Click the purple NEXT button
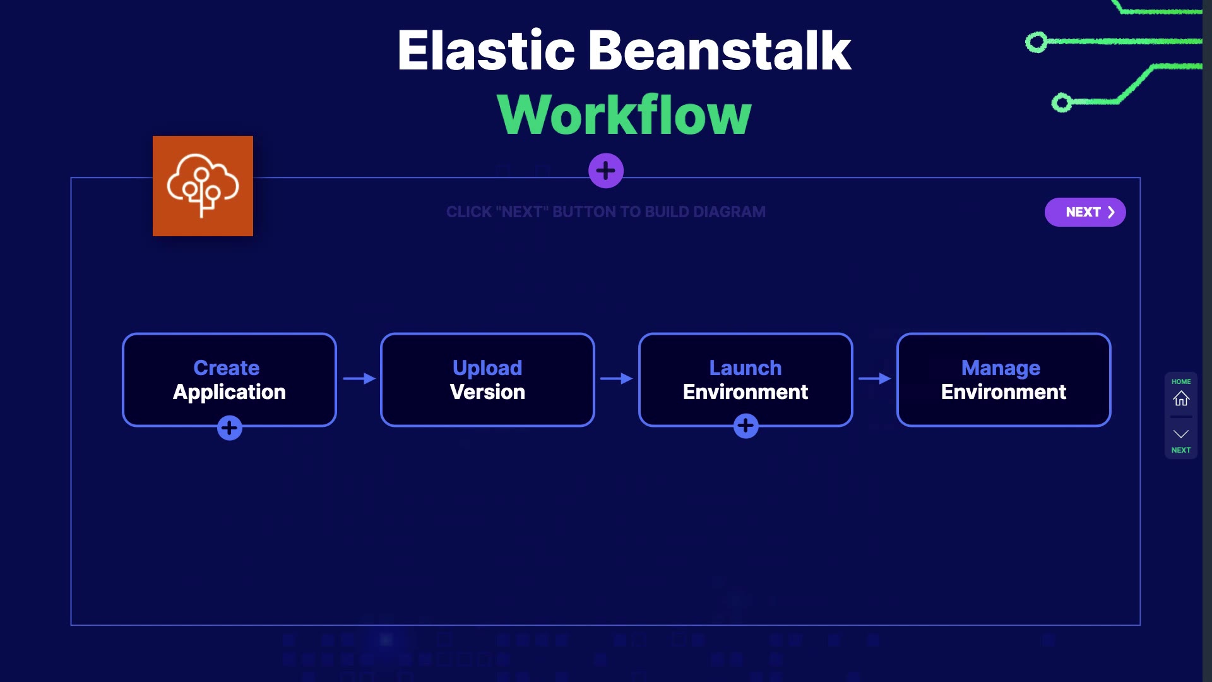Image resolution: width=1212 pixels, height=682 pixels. (1085, 212)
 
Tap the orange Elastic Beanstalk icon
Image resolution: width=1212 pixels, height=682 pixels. (203, 186)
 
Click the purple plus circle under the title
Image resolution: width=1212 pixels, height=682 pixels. (606, 170)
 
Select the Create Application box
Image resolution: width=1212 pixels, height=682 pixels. (229, 380)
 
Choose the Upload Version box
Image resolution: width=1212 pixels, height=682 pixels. (487, 380)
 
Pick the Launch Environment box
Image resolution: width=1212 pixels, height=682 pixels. (746, 380)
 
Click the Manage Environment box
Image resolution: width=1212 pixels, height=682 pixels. (1004, 380)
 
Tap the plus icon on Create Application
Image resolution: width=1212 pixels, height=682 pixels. (230, 428)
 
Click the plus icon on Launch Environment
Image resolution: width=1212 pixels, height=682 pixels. (746, 426)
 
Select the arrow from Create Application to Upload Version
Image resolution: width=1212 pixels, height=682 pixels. (360, 378)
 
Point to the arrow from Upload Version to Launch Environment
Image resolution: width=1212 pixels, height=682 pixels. (617, 378)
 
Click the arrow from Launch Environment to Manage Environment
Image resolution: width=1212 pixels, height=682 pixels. (875, 378)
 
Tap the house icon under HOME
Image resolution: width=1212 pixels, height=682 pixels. (1181, 398)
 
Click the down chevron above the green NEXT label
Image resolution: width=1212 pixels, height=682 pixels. (1181, 434)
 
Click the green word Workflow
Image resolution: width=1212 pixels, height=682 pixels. (624, 114)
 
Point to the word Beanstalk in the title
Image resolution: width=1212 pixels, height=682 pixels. (720, 51)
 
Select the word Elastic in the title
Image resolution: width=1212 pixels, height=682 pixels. (486, 51)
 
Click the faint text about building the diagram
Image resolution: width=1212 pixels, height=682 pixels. (606, 212)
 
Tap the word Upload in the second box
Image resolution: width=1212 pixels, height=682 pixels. (487, 368)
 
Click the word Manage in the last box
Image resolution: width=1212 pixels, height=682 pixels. (1001, 368)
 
